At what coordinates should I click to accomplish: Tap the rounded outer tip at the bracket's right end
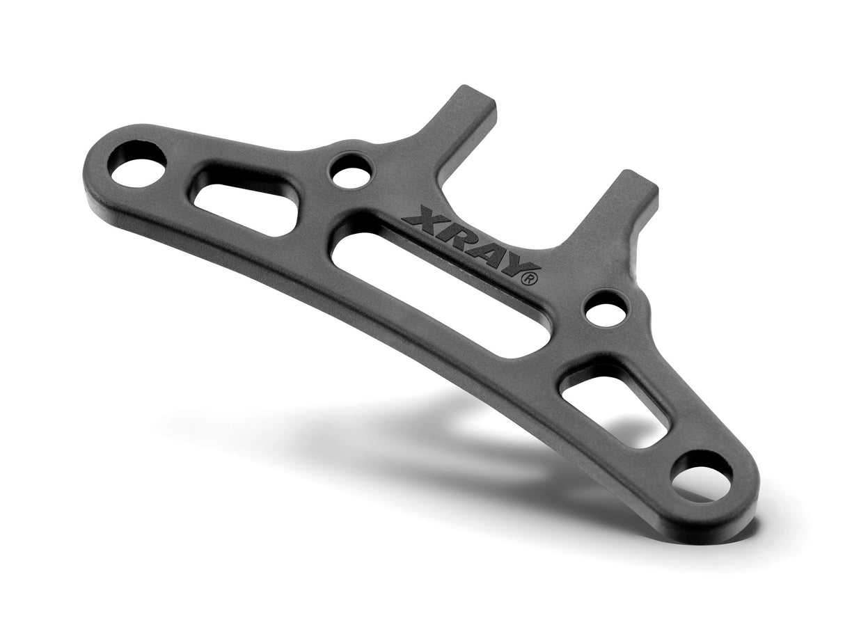(x=731, y=491)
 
